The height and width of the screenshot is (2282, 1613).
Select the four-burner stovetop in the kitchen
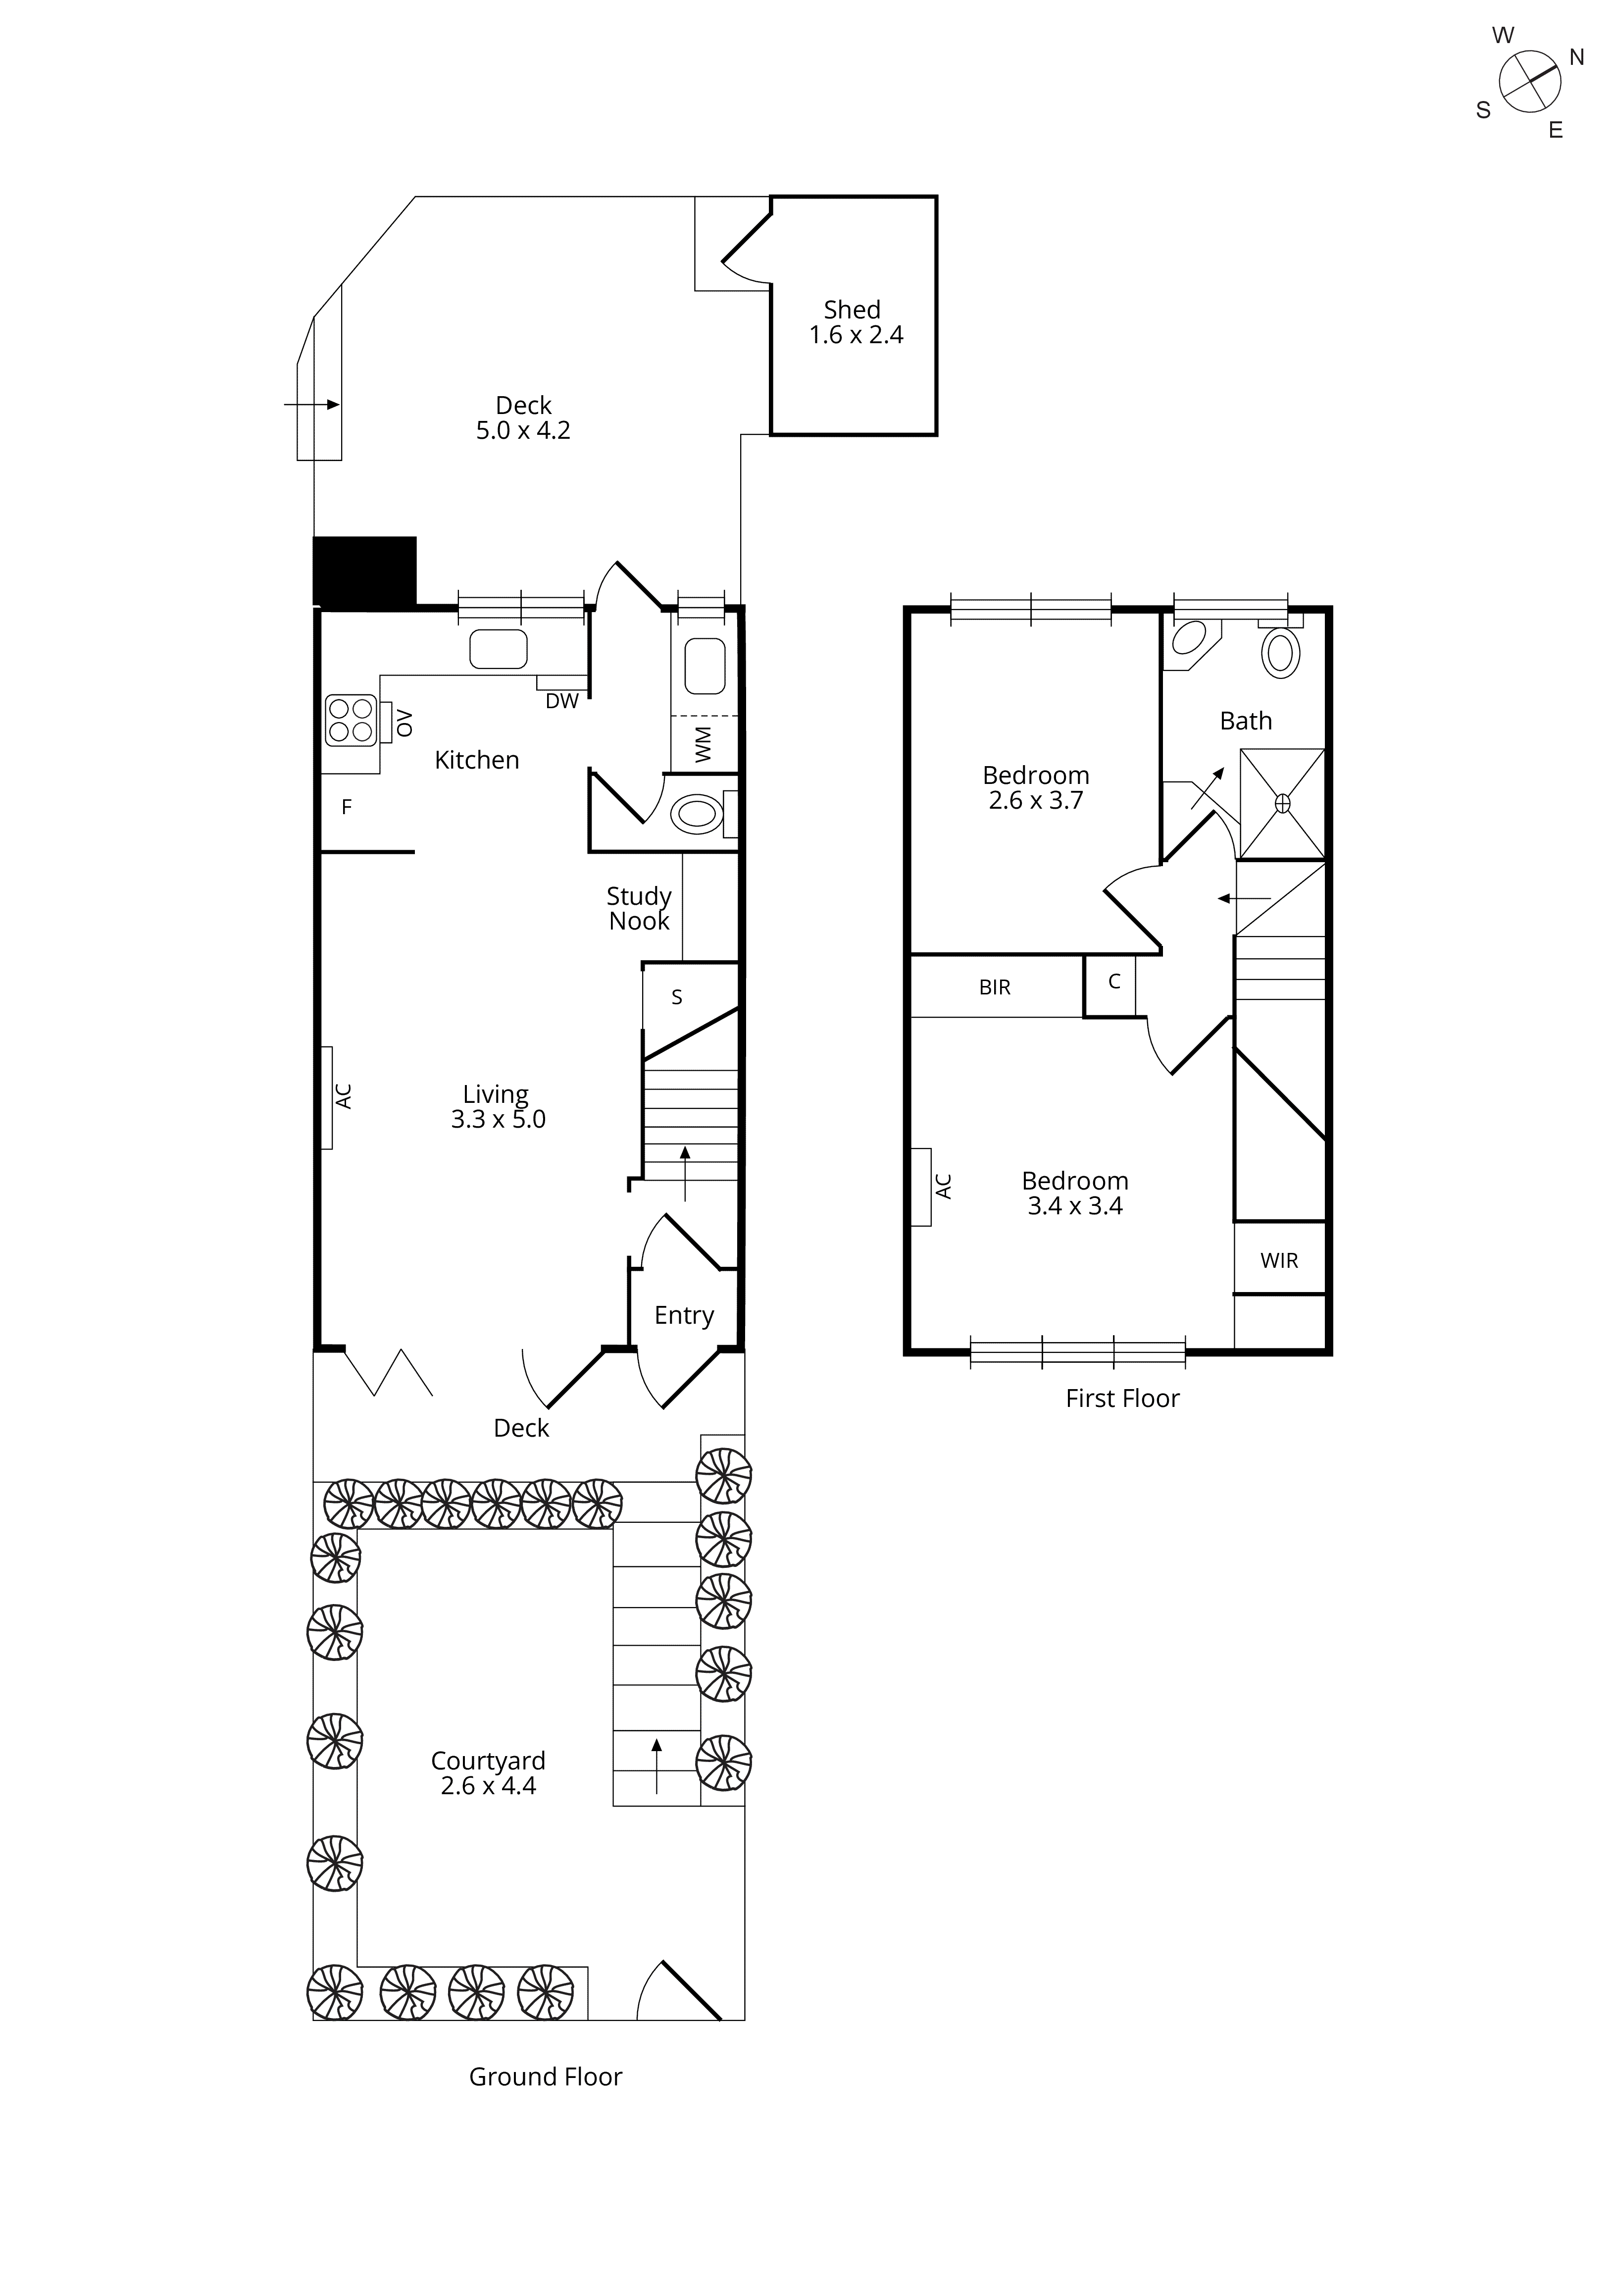click(x=351, y=721)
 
